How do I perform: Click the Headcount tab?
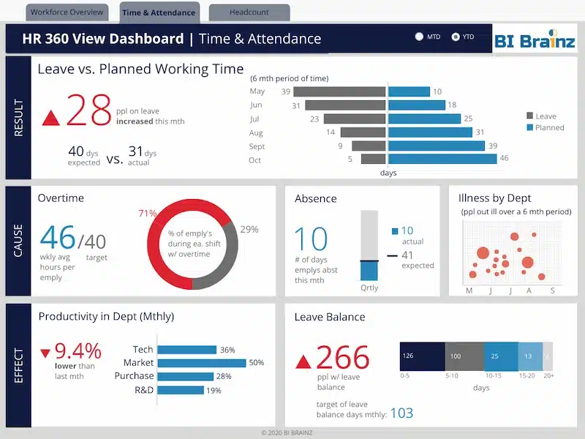[x=249, y=12]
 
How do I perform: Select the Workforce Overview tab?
[x=67, y=12]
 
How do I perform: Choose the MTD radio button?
[x=420, y=36]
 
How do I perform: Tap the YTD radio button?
[x=456, y=36]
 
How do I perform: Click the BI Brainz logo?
[x=535, y=40]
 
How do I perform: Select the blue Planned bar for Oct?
[x=442, y=159]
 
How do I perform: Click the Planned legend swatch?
[x=530, y=127]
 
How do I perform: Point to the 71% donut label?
[x=148, y=214]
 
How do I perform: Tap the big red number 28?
[x=88, y=112]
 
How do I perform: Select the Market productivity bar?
[x=202, y=363]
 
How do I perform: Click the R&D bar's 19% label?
[x=214, y=391]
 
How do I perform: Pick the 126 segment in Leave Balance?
[x=422, y=356]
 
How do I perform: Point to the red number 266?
[x=343, y=358]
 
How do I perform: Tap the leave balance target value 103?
[x=401, y=413]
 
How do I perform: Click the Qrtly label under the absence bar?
[x=369, y=288]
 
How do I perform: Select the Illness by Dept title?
[x=494, y=198]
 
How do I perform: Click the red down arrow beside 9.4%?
[x=45, y=348]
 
